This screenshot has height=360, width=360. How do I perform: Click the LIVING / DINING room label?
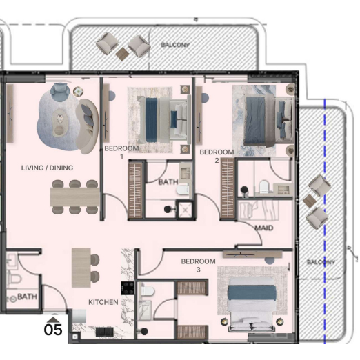47,168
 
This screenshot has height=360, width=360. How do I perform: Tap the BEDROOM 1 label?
121,152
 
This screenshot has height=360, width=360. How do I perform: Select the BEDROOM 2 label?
217,156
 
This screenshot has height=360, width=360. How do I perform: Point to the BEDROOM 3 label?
198,265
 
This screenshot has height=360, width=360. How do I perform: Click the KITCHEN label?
103,302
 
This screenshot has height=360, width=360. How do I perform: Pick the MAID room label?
264,228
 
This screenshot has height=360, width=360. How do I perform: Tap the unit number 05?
53,330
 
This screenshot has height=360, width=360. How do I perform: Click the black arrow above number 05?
53,319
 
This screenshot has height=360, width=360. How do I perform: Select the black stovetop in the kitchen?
128,288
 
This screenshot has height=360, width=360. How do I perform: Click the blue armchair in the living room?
60,90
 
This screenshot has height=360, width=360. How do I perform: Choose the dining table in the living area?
75,197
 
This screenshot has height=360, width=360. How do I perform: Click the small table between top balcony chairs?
123,54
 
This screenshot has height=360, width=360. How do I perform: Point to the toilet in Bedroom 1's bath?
183,190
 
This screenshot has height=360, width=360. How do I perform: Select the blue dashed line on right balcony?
325,221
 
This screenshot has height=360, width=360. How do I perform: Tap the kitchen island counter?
81,268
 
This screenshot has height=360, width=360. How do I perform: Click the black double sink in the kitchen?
105,332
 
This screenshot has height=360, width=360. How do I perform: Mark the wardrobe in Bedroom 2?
228,188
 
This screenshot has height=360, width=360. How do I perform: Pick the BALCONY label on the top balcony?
175,45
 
